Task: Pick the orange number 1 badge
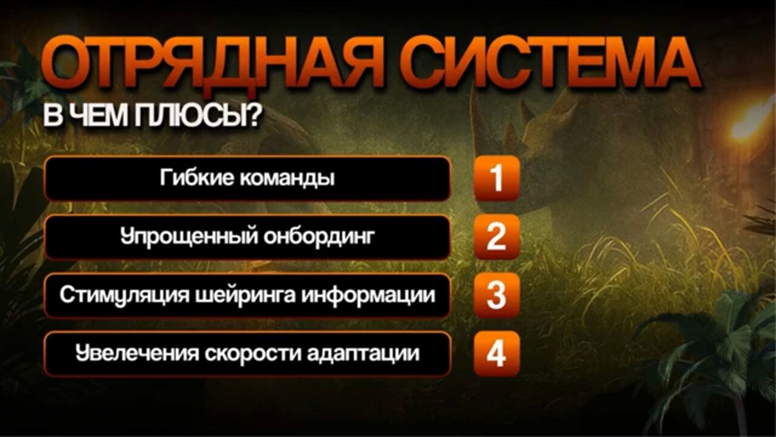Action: coord(497,178)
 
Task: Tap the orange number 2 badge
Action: coord(497,237)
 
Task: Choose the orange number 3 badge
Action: coord(497,296)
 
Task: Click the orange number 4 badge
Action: coord(497,354)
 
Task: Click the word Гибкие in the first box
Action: coord(196,178)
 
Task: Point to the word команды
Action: coord(287,179)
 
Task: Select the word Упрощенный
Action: coord(189,237)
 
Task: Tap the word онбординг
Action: coord(319,237)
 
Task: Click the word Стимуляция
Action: coord(124,295)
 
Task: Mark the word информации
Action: coord(368,295)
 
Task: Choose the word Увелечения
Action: coord(137,354)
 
